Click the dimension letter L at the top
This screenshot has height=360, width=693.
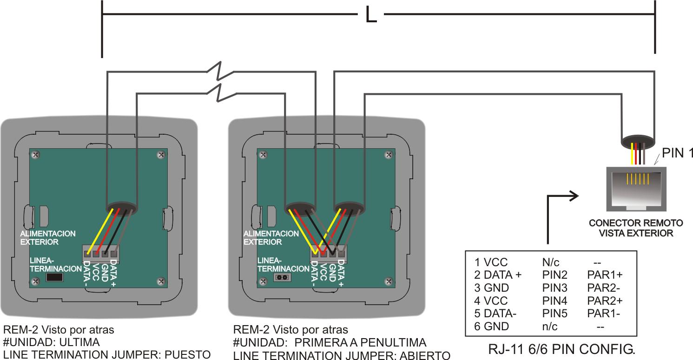click(370, 15)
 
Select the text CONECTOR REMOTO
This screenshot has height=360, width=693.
click(636, 223)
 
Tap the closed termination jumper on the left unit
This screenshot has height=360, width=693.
click(55, 277)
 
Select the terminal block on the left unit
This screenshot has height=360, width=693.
click(101, 253)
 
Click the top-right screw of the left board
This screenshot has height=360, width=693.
click(161, 154)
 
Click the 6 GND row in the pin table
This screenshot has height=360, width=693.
click(491, 327)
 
